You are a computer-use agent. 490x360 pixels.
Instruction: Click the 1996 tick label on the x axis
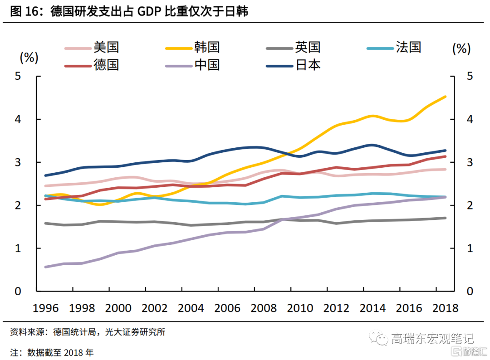point(46,308)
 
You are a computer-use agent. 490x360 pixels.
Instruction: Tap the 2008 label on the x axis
point(264,308)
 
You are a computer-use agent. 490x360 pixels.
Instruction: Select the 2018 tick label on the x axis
point(446,308)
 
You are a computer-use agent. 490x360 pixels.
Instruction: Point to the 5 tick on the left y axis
point(18,76)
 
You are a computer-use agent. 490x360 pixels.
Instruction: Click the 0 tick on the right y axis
point(470,292)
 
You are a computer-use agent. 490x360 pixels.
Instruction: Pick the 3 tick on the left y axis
point(18,162)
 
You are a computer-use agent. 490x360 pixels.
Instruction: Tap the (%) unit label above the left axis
point(29,58)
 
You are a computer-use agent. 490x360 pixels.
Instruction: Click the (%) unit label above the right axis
point(461,49)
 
